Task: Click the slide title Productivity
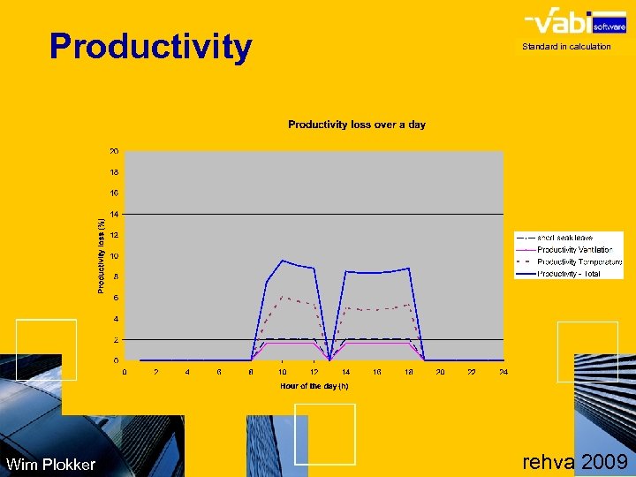150,46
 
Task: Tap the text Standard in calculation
566,47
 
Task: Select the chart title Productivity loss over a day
357,125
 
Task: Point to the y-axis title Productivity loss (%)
101,256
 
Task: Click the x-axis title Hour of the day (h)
314,386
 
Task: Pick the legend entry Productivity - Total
568,274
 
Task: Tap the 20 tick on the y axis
114,151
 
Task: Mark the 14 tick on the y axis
114,214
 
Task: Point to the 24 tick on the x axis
503,372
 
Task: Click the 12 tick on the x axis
314,372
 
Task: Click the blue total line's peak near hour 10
282,261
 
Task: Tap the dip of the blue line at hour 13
329,359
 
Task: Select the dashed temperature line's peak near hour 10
282,297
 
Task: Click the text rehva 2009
575,462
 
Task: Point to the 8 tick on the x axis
251,372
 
